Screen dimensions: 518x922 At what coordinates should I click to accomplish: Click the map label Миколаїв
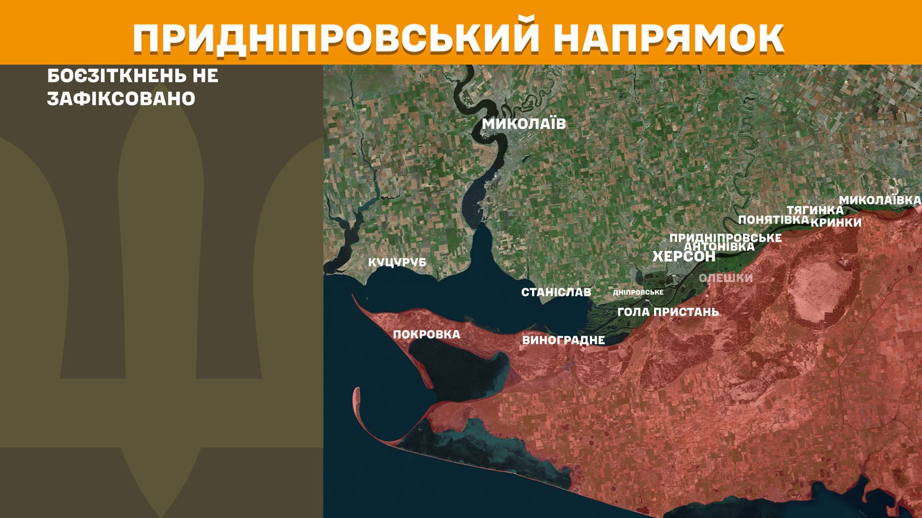(524, 124)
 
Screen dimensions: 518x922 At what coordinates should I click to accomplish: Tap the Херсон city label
(683, 257)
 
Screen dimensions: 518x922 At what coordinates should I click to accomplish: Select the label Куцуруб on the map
(397, 263)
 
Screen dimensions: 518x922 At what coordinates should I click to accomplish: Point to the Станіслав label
(556, 292)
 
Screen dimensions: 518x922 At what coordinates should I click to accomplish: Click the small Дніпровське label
(638, 292)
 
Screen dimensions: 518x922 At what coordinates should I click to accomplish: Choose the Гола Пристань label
(668, 312)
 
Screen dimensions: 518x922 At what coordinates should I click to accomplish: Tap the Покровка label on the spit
(426, 334)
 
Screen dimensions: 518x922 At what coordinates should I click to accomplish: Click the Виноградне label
(563, 341)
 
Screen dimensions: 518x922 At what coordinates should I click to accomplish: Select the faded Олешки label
(726, 278)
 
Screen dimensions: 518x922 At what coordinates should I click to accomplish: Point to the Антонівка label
(719, 247)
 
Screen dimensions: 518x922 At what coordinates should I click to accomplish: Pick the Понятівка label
(773, 220)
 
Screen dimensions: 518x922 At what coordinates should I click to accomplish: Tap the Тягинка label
(814, 210)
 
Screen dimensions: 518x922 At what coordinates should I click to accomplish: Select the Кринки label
(836, 223)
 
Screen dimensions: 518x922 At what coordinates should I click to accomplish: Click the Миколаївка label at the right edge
(880, 200)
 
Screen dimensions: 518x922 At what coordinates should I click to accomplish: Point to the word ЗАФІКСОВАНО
(121, 99)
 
